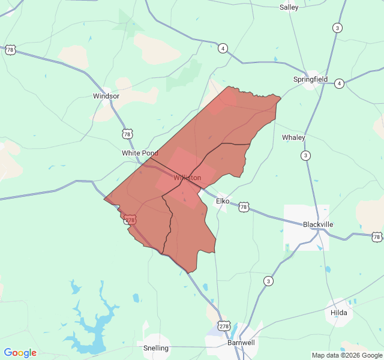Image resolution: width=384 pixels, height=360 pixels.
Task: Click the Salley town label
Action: coord(289,7)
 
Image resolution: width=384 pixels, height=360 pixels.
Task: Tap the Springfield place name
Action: coord(310,79)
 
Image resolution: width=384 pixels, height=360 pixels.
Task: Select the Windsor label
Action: coord(106,96)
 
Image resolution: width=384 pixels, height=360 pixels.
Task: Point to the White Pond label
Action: coord(140,153)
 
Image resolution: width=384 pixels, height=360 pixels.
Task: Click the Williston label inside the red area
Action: coord(187,178)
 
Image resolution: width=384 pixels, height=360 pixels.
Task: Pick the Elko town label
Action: coord(223,201)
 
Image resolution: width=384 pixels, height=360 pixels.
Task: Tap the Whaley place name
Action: coord(293,137)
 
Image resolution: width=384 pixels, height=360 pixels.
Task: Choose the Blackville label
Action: coord(318,224)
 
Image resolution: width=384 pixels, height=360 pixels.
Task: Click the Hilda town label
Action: coord(339,313)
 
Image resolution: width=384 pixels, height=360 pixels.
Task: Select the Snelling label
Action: coord(156,348)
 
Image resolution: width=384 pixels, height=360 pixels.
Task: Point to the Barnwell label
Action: coord(241,343)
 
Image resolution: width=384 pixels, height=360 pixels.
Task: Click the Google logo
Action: coord(20,353)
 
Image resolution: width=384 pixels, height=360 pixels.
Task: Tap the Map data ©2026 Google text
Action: coord(346,355)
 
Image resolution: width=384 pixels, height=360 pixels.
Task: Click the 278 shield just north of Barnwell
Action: coord(224,326)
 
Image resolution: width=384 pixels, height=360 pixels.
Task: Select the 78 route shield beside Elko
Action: coord(243,207)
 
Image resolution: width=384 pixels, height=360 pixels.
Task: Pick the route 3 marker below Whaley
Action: coord(306,156)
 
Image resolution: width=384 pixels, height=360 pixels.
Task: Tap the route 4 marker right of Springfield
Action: coord(339,83)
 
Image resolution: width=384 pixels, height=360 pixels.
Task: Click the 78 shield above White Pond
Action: coord(127,133)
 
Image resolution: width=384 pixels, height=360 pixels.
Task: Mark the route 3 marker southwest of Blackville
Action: coord(268,281)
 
